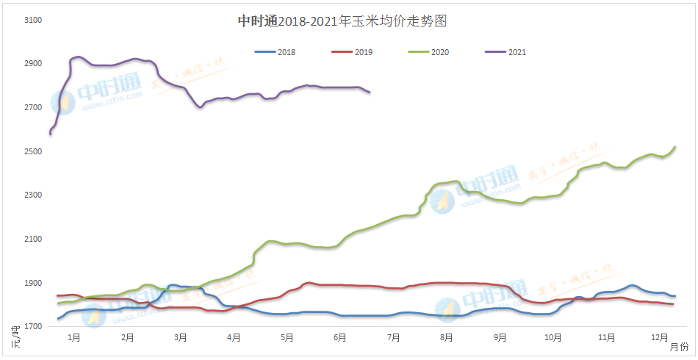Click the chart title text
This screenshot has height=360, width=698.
[342, 21]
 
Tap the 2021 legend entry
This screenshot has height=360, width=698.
[517, 52]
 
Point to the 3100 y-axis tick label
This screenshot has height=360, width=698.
[33, 20]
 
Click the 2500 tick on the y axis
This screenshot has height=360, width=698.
[33, 151]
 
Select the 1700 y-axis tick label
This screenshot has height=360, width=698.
[33, 327]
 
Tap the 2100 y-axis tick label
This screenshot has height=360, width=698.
[33, 240]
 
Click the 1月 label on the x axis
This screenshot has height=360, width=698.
[74, 338]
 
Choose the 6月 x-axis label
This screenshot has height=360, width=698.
[340, 338]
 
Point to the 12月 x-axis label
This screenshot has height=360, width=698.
[660, 338]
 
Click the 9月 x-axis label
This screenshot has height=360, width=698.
[500, 338]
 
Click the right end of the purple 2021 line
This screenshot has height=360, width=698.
[370, 93]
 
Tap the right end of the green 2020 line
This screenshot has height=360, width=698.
[675, 147]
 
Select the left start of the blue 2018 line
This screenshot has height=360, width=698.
[57, 319]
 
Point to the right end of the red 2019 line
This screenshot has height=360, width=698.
[674, 304]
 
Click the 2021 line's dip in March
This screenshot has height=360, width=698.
[200, 107]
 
